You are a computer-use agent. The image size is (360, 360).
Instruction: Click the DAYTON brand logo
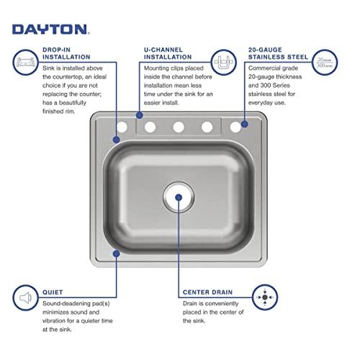tap(50, 30)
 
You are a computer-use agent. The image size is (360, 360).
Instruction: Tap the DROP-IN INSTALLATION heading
tap(66, 52)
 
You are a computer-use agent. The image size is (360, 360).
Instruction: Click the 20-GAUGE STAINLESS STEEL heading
tap(278, 52)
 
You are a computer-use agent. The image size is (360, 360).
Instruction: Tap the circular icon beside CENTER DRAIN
tap(265, 297)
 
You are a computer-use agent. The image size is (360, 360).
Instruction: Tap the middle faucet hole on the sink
tap(179, 127)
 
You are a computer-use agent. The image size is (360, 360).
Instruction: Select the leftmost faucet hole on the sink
tap(122, 127)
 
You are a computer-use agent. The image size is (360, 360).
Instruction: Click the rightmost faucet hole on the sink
tap(235, 127)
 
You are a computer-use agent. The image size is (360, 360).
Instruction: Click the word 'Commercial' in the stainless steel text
tap(268, 74)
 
